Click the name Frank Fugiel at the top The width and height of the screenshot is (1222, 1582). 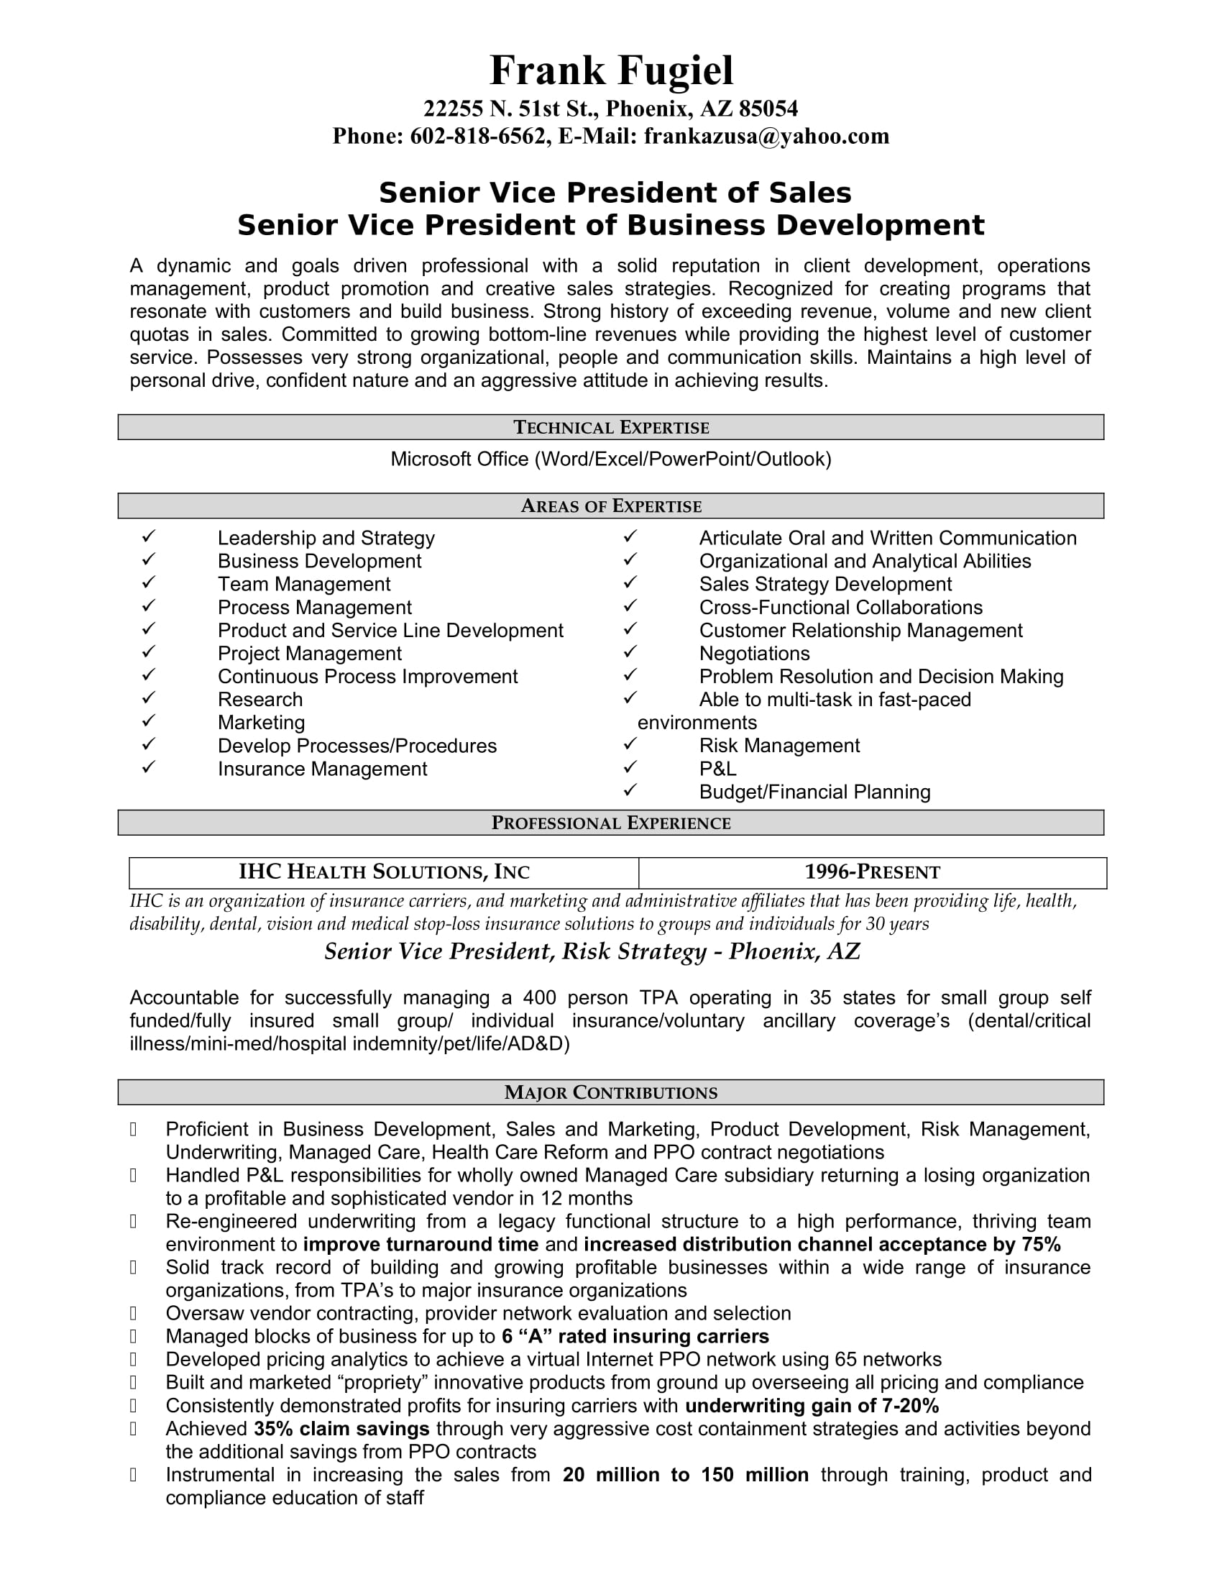coord(611,71)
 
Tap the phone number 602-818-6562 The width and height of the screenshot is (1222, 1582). coord(477,136)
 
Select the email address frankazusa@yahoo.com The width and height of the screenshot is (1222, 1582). coord(766,136)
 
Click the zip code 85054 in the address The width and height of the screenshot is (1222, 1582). coord(768,109)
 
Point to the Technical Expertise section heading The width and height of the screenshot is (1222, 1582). coord(611,427)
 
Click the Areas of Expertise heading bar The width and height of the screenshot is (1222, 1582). coord(611,506)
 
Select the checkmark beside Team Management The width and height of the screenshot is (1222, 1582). coord(148,582)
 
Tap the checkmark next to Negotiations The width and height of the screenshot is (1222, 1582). coord(630,652)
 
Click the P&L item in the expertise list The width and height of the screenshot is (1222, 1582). coord(717,769)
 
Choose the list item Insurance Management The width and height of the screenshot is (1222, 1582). coord(322,769)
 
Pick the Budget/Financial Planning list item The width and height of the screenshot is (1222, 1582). coord(814,792)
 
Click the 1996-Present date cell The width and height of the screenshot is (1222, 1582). coord(873,872)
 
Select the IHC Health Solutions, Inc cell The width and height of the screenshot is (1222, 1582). coord(384,872)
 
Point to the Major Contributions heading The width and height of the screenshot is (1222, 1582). coord(611,1092)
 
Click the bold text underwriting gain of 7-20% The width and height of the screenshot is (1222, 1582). coord(812,1406)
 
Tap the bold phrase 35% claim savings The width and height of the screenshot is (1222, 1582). coord(341,1429)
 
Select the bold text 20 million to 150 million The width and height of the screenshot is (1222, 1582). coord(686,1475)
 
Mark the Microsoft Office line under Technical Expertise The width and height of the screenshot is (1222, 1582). coord(611,459)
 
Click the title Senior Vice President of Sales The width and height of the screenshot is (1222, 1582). coord(615,193)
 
